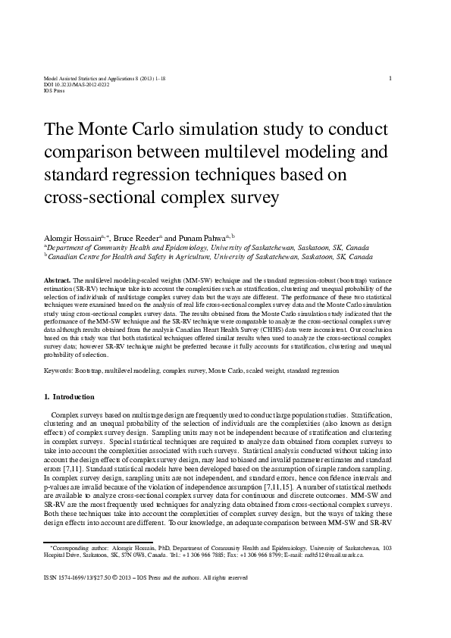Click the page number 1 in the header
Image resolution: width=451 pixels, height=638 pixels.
pos(390,78)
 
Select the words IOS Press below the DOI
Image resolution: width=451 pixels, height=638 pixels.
pos(54,90)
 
